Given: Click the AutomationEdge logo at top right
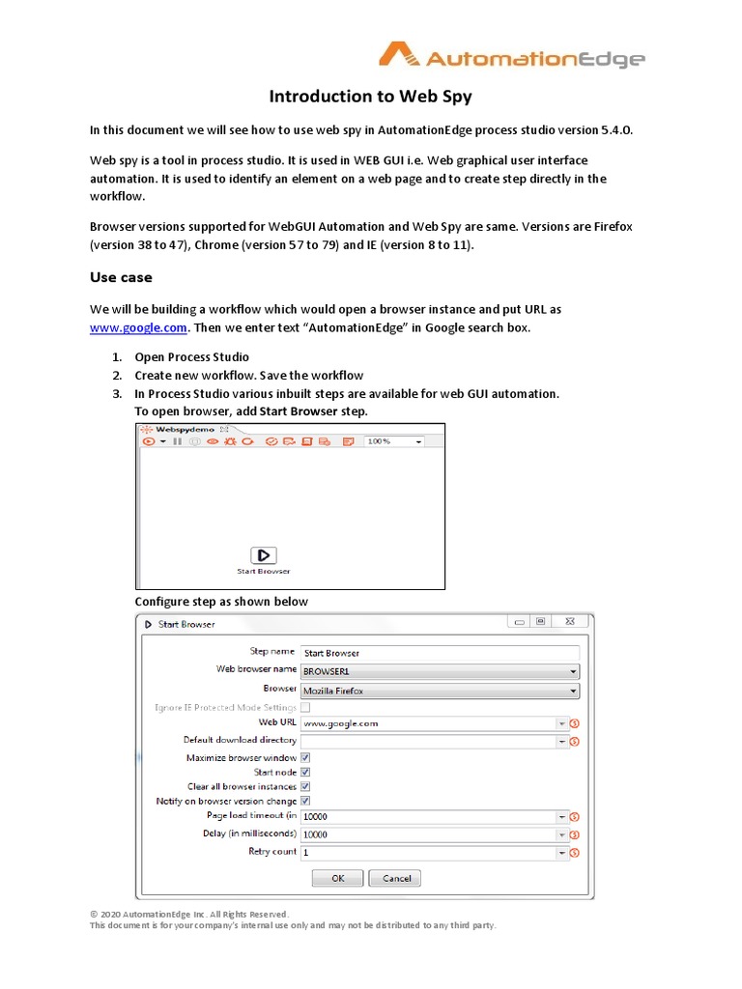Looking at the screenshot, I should coord(512,58).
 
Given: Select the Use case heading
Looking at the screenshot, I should coord(121,277).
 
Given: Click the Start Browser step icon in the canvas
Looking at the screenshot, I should coord(263,555).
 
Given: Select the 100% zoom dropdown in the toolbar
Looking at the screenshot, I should coord(394,441).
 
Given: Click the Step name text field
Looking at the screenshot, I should coord(439,653).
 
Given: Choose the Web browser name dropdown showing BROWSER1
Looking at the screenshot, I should coord(439,671).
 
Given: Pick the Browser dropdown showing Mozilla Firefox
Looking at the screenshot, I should coord(439,691).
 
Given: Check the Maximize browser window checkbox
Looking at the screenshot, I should coord(305,758).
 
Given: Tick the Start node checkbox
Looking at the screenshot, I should coord(305,773).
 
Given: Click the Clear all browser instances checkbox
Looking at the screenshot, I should coord(305,787).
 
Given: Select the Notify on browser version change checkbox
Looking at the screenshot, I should coord(305,802).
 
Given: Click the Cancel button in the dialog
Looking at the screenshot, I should coord(396,879).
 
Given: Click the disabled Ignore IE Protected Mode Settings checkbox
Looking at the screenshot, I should coord(305,708).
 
